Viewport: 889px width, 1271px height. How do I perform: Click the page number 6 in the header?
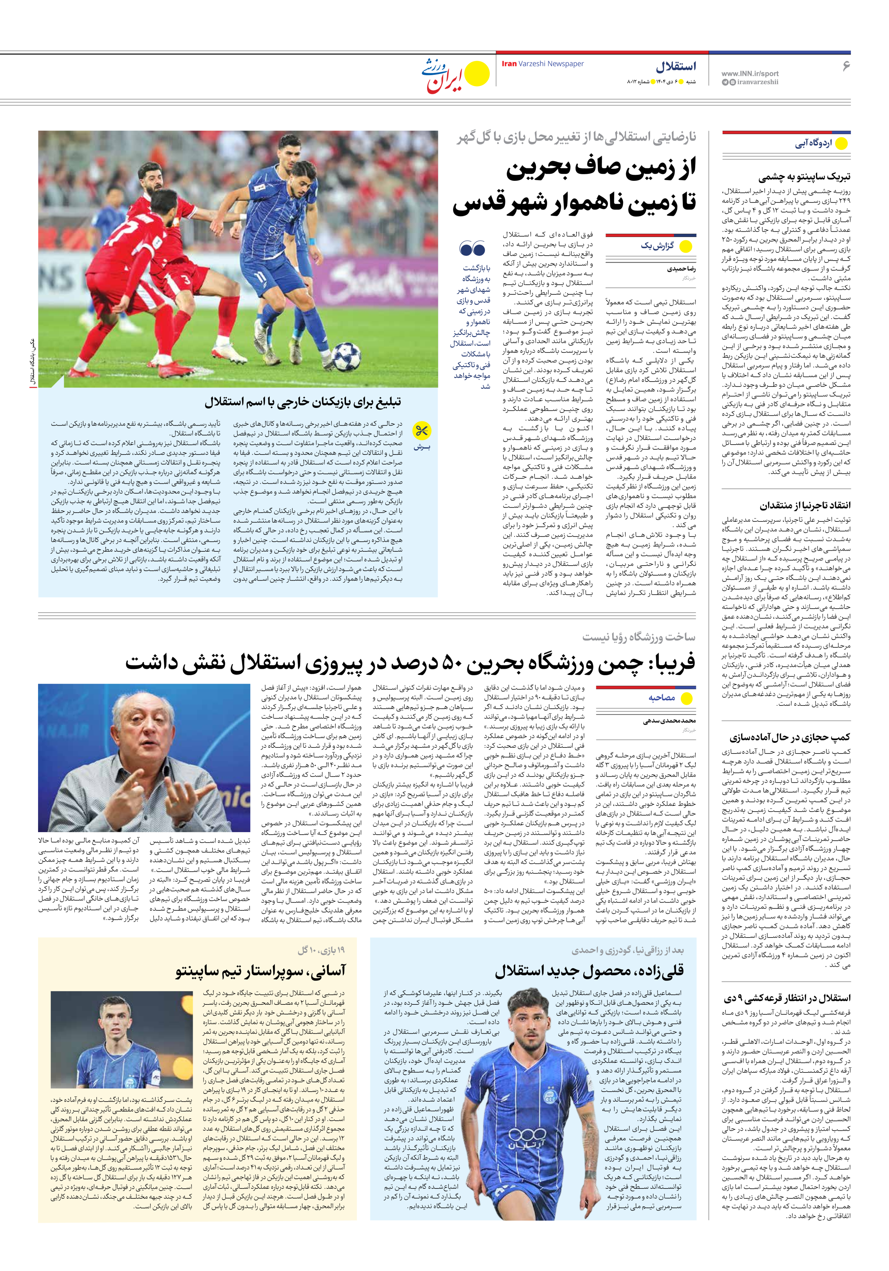[845, 66]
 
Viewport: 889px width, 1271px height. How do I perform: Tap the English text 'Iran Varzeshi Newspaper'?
[542, 64]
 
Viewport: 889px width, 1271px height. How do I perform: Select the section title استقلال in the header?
[676, 67]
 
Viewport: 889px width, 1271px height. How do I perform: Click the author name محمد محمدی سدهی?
[669, 721]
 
